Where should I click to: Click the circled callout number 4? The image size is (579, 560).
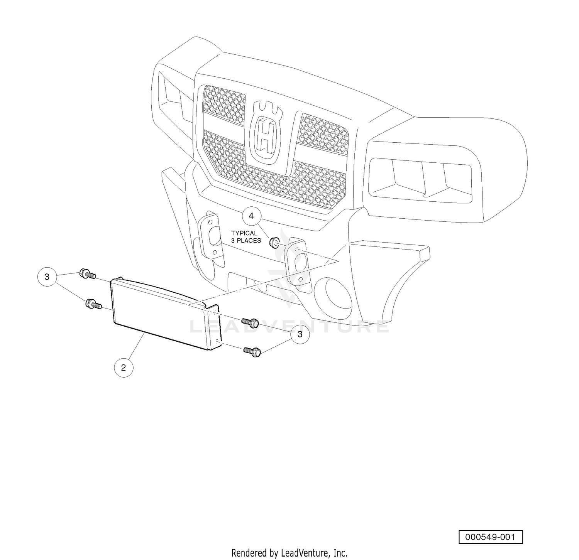coord(251,216)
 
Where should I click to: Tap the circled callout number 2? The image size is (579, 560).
coord(124,368)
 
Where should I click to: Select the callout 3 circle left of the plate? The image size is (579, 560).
coord(47,277)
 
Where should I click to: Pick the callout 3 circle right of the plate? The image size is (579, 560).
coord(300,334)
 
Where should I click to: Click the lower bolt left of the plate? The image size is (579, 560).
coord(93,304)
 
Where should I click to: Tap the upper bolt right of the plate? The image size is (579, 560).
coord(250,322)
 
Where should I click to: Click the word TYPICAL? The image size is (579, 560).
coord(244,233)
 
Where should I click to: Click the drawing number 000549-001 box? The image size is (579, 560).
coord(491,537)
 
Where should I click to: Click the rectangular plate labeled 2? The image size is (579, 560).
coord(165,313)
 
